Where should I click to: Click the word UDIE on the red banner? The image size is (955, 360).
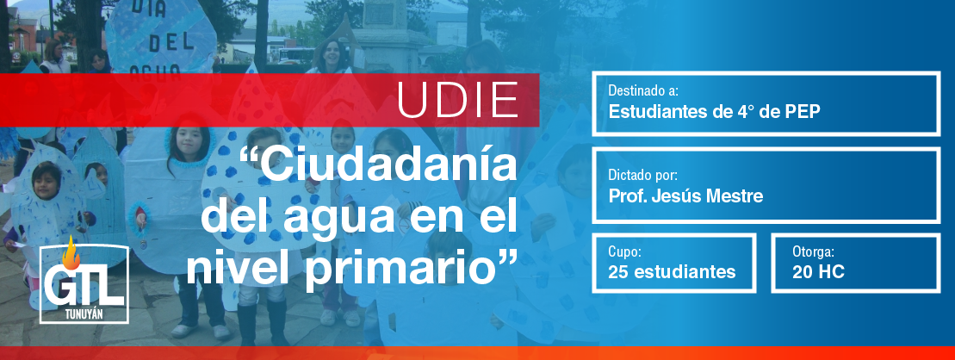coord(458,100)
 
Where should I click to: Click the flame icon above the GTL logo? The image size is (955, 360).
coord(71,252)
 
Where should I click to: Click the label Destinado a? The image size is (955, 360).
coord(643,91)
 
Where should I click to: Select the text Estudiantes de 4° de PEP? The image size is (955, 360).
coord(715,112)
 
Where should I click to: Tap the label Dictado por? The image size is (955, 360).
coord(642,176)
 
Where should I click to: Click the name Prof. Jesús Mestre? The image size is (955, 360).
coord(685,196)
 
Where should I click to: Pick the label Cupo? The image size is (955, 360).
coord(624,251)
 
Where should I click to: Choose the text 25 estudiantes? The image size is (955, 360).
coord(672,271)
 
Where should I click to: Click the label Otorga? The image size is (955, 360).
coord(813,251)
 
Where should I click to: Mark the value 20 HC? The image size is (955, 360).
coord(819,272)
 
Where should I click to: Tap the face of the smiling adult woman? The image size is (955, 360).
coord(331,53)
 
